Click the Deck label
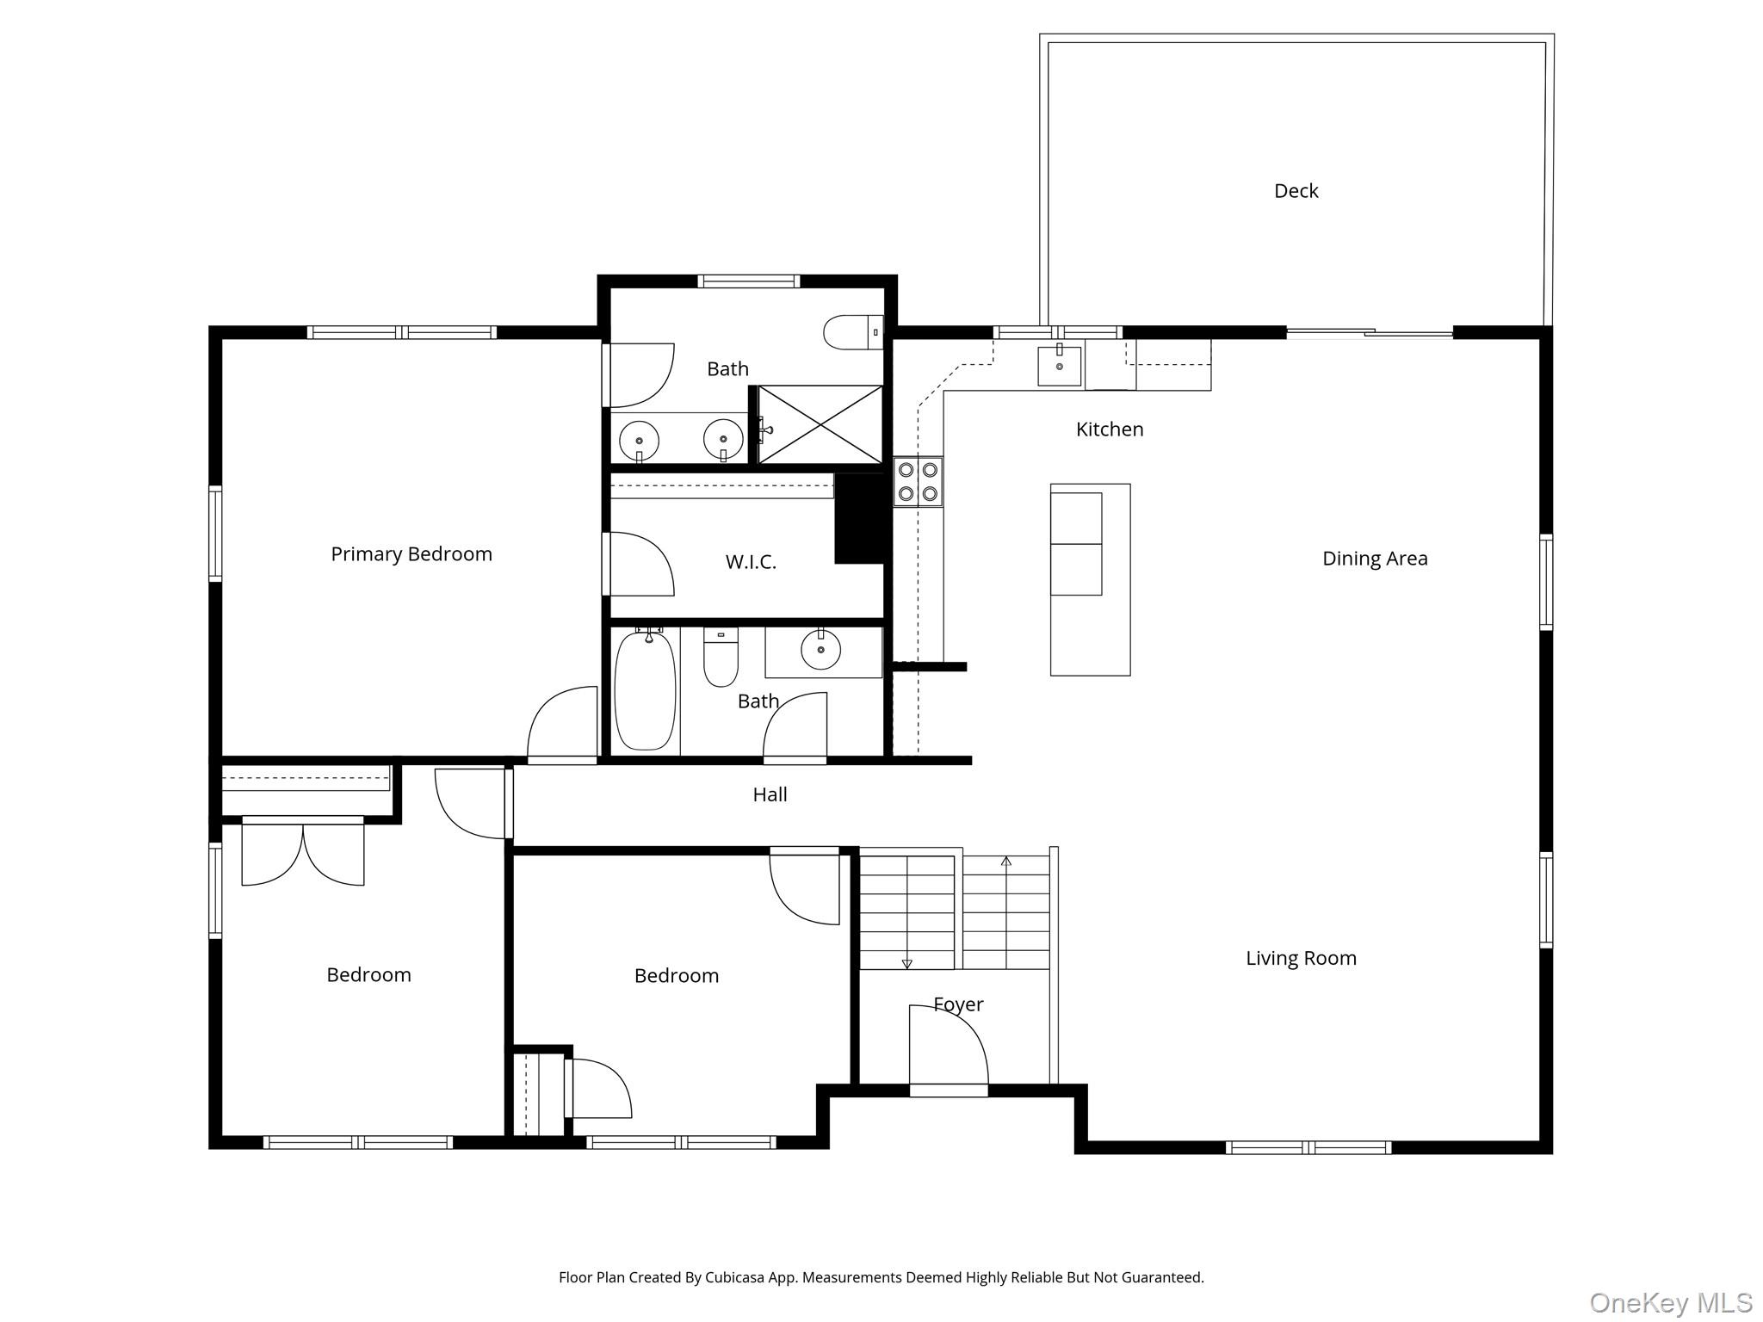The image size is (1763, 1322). click(x=1296, y=191)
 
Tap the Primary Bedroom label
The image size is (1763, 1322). click(x=411, y=554)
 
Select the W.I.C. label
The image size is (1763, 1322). click(x=751, y=562)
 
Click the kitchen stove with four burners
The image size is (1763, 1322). click(x=918, y=482)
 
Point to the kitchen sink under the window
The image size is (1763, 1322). click(x=1059, y=366)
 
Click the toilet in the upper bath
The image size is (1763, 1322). click(x=852, y=332)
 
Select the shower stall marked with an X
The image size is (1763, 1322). click(x=820, y=424)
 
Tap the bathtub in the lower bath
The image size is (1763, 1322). click(x=645, y=690)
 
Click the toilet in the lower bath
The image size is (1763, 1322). click(x=721, y=658)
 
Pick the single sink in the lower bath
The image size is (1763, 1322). click(x=821, y=650)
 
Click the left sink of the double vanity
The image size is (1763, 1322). click(x=639, y=441)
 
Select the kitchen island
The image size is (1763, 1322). click(x=1090, y=579)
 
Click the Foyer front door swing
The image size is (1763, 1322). click(x=949, y=1046)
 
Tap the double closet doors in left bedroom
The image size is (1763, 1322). click(x=302, y=852)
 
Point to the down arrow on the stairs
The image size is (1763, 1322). click(x=906, y=964)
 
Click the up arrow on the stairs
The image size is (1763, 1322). click(x=1005, y=861)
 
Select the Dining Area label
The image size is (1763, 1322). click(x=1375, y=559)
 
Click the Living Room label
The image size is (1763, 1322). click(x=1301, y=958)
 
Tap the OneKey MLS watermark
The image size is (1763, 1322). click(x=1670, y=1302)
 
